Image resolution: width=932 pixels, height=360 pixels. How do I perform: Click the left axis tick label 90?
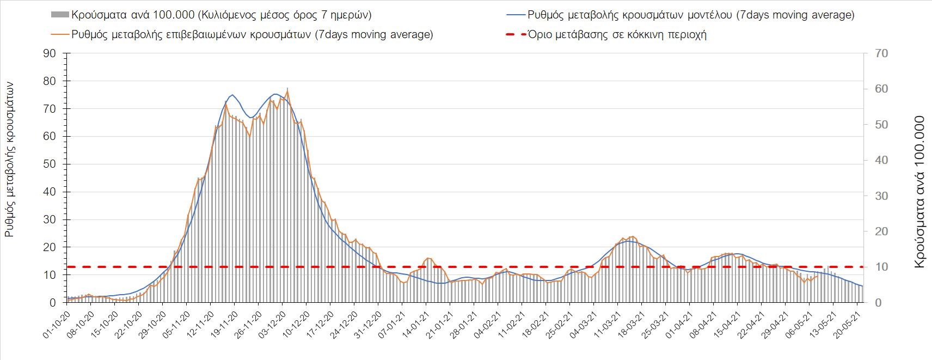pos(50,53)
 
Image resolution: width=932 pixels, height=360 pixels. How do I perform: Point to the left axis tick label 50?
pos(50,164)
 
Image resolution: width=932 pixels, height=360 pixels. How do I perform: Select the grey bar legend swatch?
pos(59,15)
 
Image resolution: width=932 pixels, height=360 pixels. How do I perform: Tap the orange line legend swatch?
pos(59,34)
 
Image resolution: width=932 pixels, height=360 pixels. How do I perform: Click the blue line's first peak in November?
pos(232,95)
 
